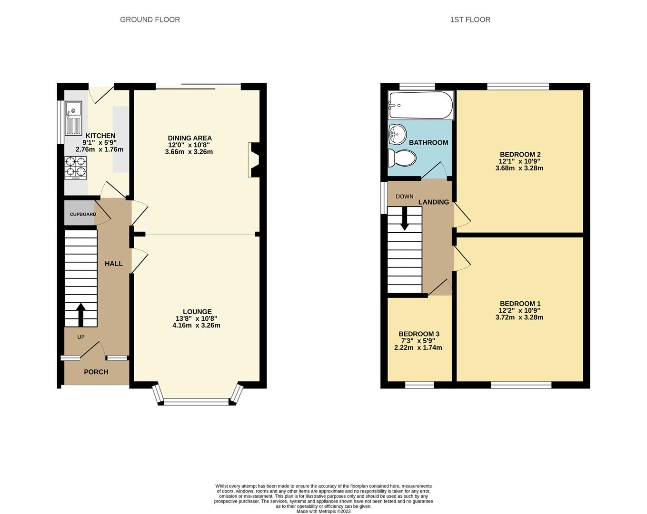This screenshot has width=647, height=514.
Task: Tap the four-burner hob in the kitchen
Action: pyautogui.click(x=76, y=168)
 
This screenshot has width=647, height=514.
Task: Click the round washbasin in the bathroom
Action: pyautogui.click(x=397, y=133)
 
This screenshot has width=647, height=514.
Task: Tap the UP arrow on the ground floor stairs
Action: pyautogui.click(x=80, y=314)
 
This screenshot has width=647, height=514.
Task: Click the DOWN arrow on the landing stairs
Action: pyautogui.click(x=404, y=218)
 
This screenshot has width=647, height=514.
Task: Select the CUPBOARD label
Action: pyautogui.click(x=83, y=214)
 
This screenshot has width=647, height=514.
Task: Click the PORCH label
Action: pyautogui.click(x=96, y=372)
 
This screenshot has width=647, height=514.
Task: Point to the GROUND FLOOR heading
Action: pyautogui.click(x=150, y=20)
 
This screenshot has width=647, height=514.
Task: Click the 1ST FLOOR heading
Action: pyautogui.click(x=470, y=20)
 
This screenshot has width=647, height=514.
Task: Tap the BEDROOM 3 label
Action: pyautogui.click(x=419, y=334)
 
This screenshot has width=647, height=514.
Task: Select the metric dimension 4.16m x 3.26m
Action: pyautogui.click(x=196, y=326)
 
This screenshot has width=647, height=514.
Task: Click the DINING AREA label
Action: pyautogui.click(x=189, y=138)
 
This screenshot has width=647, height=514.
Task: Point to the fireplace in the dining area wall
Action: pyautogui.click(x=253, y=160)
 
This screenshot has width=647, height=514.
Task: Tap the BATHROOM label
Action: pyautogui.click(x=428, y=142)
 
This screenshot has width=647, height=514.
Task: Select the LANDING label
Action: pyautogui.click(x=433, y=202)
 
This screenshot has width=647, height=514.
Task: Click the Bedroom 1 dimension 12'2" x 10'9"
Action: pyautogui.click(x=519, y=310)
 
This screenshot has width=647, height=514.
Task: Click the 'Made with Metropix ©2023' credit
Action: pyautogui.click(x=323, y=511)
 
